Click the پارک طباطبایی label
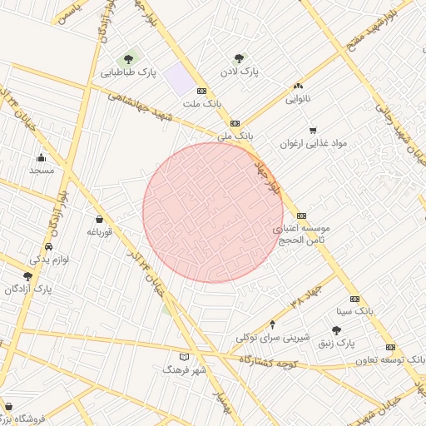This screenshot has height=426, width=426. (129, 72)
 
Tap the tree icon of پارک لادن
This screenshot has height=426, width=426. (240, 59)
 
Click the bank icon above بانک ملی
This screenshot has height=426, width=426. (235, 122)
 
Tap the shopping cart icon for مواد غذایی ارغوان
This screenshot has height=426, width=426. (313, 130)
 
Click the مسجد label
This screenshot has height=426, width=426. (41, 170)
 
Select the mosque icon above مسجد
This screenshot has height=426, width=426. (41, 157)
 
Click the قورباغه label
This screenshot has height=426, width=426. (100, 232)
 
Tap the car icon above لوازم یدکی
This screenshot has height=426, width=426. (48, 248)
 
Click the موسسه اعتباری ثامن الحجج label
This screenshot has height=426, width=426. (302, 233)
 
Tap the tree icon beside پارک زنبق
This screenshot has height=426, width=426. (336, 330)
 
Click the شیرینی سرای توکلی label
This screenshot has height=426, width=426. (273, 337)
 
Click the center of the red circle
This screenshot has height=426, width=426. (213, 212)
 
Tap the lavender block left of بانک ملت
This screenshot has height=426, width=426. (177, 82)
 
